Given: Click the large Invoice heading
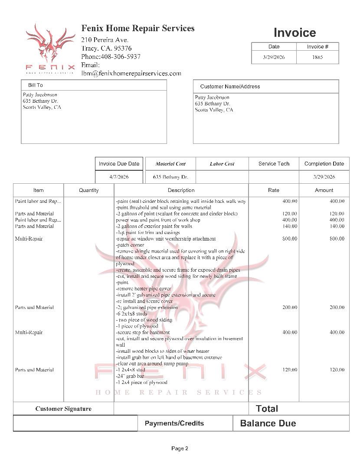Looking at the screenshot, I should click(x=295, y=32).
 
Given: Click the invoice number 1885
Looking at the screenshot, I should click(x=317, y=57).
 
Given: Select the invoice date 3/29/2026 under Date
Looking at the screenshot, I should click(x=274, y=57).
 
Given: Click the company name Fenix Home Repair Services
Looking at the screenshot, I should click(x=138, y=29).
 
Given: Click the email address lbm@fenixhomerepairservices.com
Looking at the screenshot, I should click(x=131, y=74).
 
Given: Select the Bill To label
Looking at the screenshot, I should click(x=36, y=85).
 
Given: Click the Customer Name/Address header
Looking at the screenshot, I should click(x=230, y=87).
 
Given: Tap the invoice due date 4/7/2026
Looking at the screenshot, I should click(x=119, y=177).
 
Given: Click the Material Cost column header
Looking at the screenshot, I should click(x=170, y=164).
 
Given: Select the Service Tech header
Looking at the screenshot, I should click(x=274, y=164).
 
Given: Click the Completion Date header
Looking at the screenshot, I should click(x=324, y=164).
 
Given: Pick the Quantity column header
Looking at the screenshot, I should click(x=88, y=190).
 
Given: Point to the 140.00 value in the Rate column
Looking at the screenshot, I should click(x=290, y=226).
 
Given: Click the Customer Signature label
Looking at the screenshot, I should click(x=63, y=409).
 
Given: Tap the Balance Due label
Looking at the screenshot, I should click(x=268, y=423).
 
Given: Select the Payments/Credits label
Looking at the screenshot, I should click(x=174, y=423).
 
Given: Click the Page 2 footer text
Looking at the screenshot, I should click(x=180, y=448).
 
